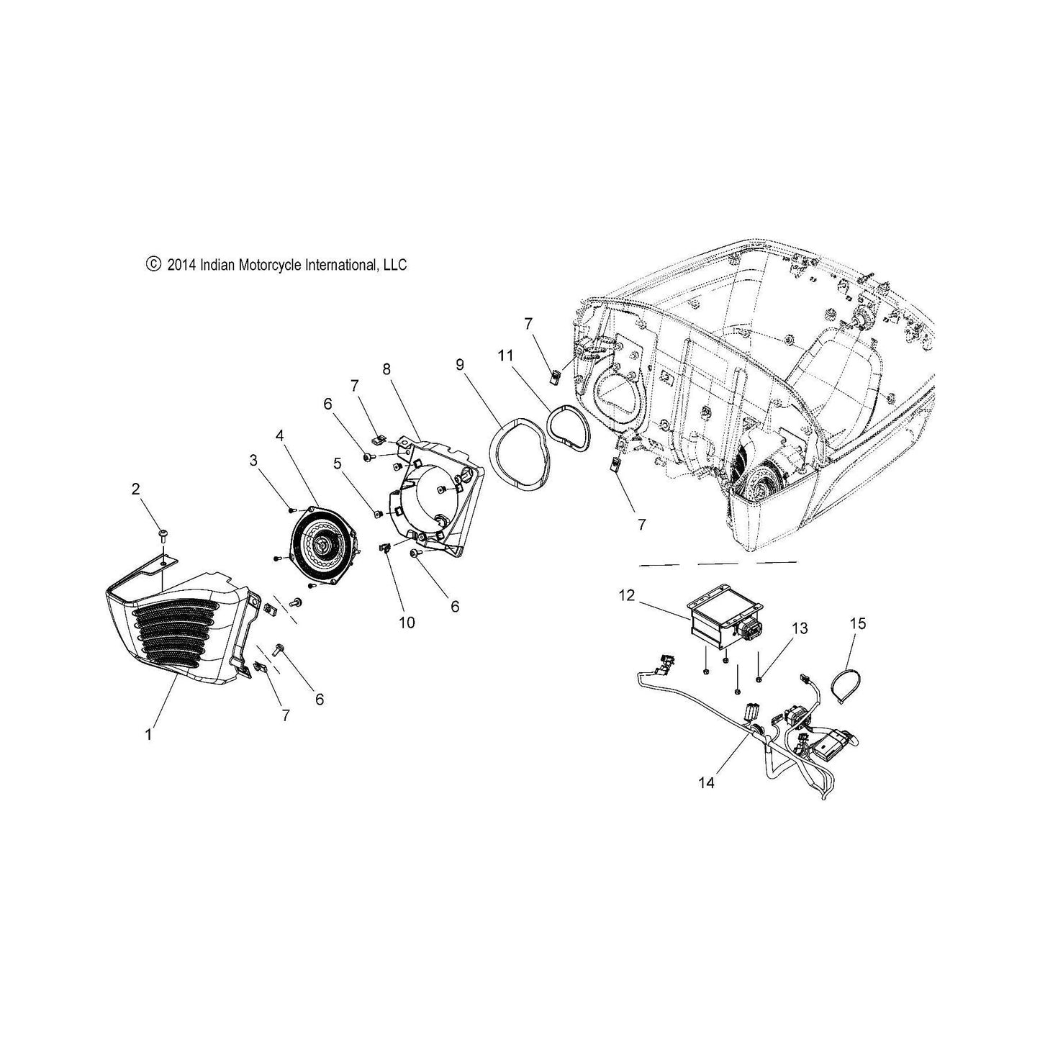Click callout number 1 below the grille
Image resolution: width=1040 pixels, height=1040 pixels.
[148, 735]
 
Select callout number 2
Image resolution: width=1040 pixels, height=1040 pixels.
[135, 489]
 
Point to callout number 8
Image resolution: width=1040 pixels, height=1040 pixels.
[386, 369]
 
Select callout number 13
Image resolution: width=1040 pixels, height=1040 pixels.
[800, 628]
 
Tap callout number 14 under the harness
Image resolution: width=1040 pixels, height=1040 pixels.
[707, 782]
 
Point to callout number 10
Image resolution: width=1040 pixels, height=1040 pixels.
[407, 623]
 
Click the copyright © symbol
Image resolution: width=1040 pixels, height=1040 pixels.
[153, 264]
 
